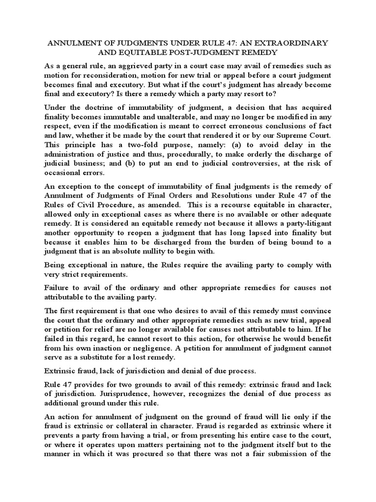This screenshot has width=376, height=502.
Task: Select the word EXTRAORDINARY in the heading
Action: pos(295,43)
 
